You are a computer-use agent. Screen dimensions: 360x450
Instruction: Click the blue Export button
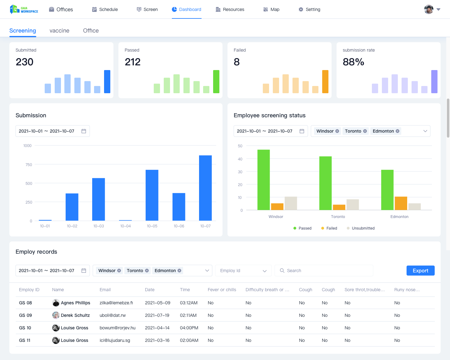tap(420, 271)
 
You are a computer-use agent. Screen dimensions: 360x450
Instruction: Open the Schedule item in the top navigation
tap(105, 9)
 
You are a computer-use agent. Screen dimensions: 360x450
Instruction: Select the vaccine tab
tap(59, 31)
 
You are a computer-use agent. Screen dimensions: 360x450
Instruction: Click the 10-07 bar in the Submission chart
tap(205, 188)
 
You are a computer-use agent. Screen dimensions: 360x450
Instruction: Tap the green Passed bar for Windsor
tap(263, 180)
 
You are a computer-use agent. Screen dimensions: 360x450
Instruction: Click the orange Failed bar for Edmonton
tap(401, 203)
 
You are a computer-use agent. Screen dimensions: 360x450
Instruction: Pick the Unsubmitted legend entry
tap(363, 228)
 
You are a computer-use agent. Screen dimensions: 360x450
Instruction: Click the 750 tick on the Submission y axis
tap(29, 165)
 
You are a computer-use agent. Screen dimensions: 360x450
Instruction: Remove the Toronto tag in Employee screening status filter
tap(365, 131)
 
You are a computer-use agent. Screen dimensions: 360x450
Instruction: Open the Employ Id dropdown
tap(243, 271)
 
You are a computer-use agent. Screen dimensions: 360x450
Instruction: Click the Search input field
tap(325, 271)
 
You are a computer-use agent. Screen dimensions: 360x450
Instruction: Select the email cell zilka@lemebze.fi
tap(116, 303)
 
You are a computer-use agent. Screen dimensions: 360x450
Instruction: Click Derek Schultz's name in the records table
tap(75, 315)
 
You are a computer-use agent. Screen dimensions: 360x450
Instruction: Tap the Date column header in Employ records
tap(150, 290)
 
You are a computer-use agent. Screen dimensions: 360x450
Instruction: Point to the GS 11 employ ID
tap(25, 340)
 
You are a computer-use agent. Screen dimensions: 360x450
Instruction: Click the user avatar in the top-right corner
tap(429, 9)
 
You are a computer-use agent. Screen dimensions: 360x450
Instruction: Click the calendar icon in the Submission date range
tap(84, 131)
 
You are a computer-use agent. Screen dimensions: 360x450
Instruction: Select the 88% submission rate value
tap(353, 62)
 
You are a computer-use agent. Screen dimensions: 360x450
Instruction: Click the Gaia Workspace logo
tap(24, 9)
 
